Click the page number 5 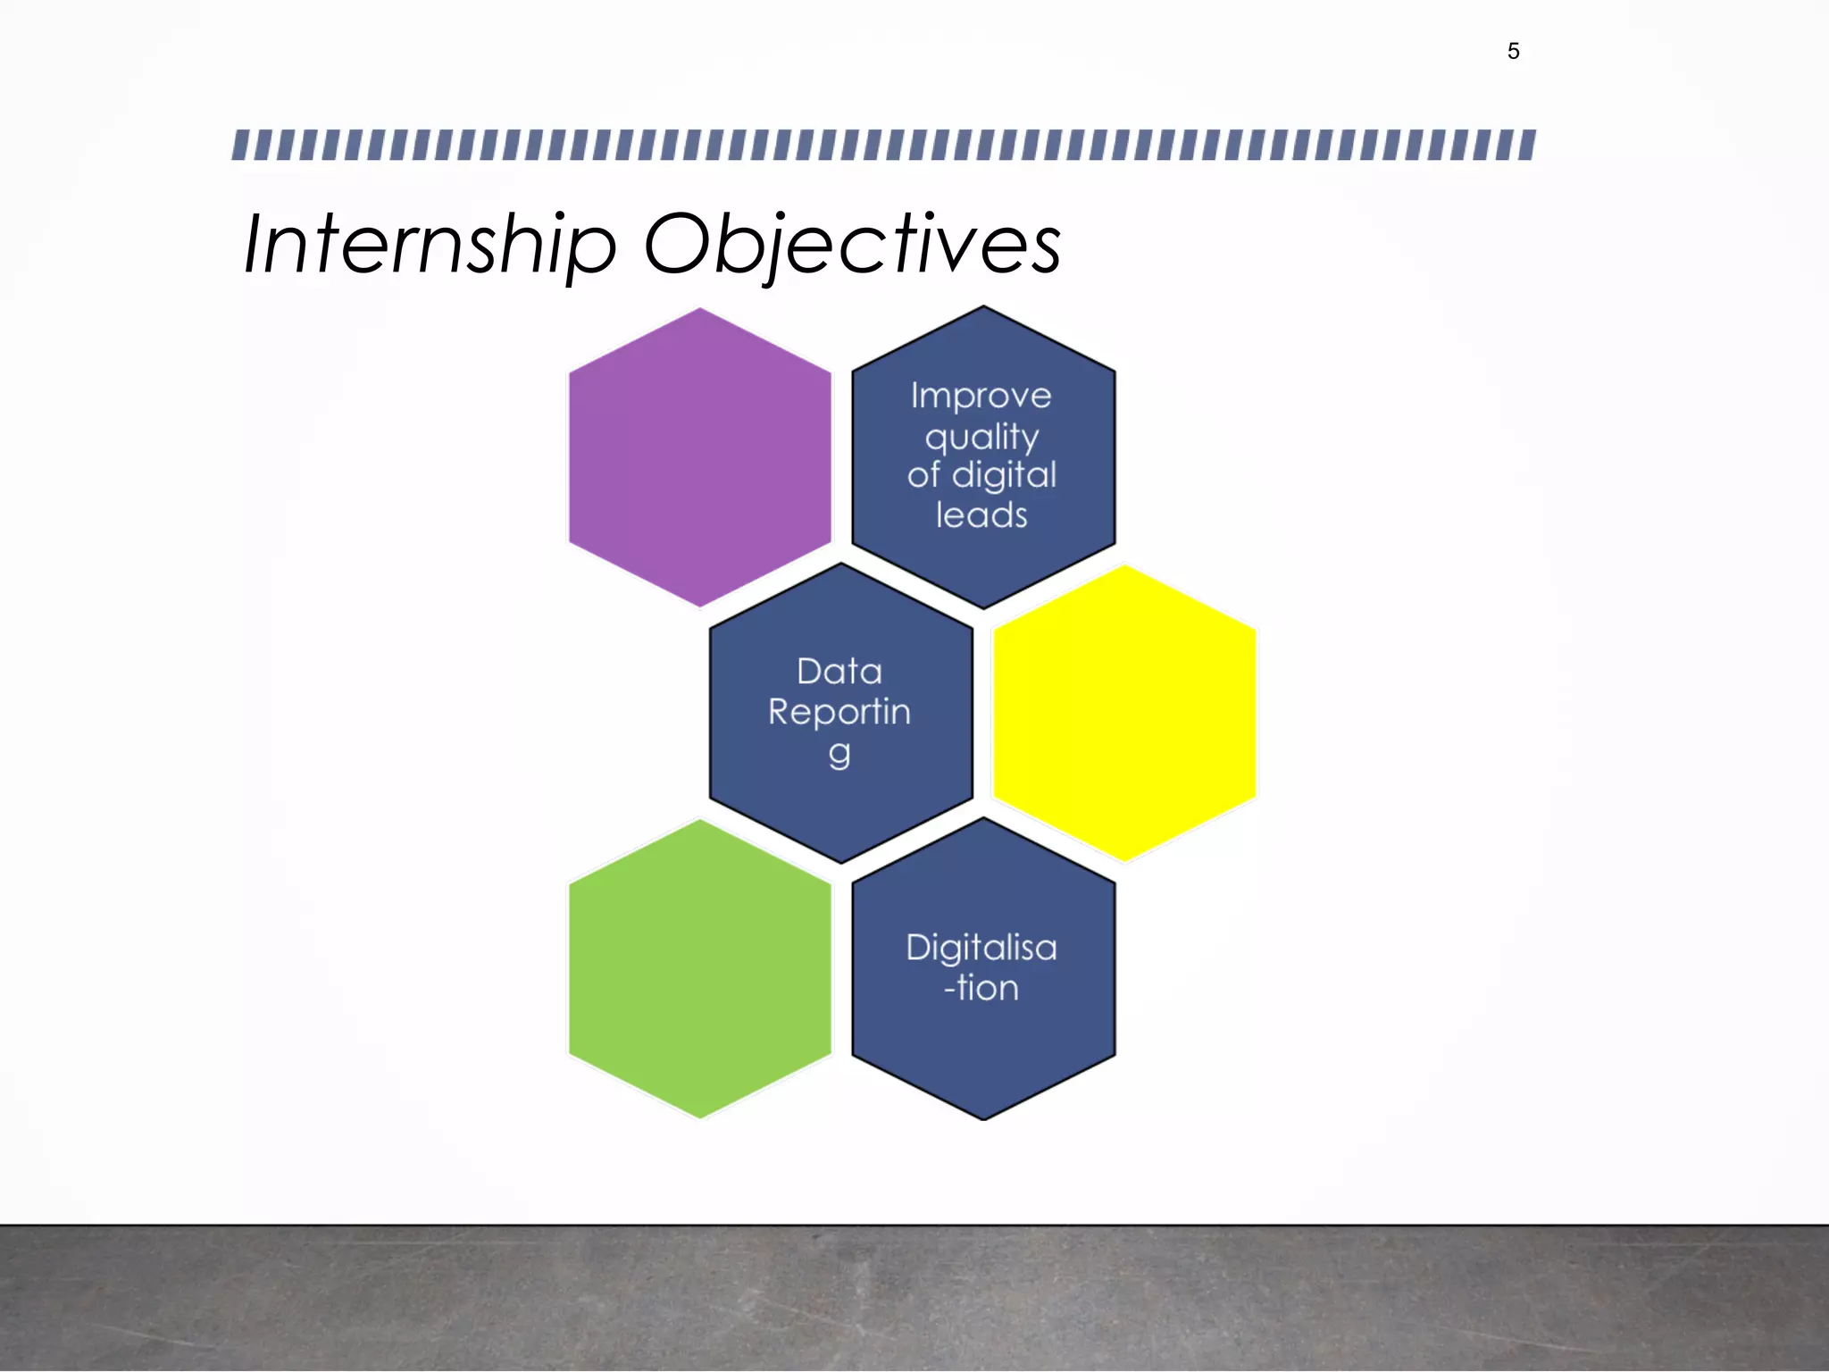1513,52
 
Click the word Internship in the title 430,244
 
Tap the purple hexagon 699,456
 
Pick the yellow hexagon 1124,713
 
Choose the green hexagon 699,969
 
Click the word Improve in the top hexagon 981,396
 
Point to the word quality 981,438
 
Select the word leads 981,515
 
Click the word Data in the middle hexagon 839,672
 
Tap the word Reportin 839,712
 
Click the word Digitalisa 981,948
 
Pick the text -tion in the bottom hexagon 981,988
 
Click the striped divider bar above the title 883,145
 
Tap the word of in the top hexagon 923,475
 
